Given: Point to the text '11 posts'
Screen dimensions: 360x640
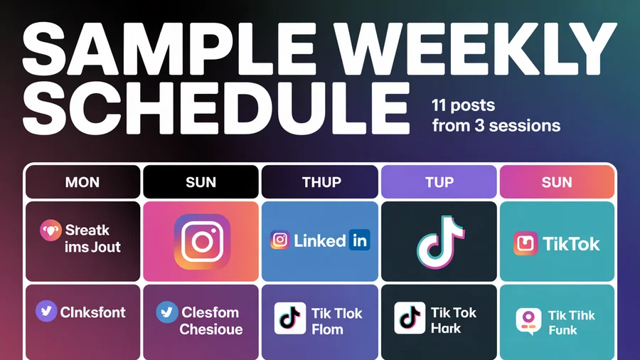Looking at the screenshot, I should [x=464, y=106].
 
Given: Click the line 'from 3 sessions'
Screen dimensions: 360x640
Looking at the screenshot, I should [x=496, y=126].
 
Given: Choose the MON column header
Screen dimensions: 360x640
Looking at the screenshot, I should [x=82, y=182].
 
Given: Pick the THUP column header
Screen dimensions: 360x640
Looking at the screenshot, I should [x=321, y=182].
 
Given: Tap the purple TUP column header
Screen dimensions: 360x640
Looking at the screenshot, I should [x=439, y=182].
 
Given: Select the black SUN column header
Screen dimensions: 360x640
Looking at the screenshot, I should [x=201, y=182].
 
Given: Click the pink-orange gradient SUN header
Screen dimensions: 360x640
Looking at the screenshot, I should [x=557, y=182].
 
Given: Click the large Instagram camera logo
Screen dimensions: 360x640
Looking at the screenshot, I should [x=202, y=242].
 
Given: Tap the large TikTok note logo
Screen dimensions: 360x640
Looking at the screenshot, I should [x=439, y=242].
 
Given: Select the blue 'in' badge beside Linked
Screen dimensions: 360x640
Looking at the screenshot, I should [x=360, y=241].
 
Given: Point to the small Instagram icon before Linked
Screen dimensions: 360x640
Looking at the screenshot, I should [x=281, y=241].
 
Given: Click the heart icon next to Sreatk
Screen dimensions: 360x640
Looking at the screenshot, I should [x=50, y=231].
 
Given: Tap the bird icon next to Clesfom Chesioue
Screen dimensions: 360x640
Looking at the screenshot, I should [x=167, y=312].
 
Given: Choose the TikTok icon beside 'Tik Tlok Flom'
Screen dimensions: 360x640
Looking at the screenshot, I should [x=290, y=318].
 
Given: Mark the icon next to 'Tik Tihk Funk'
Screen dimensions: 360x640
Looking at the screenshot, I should [x=527, y=322].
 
